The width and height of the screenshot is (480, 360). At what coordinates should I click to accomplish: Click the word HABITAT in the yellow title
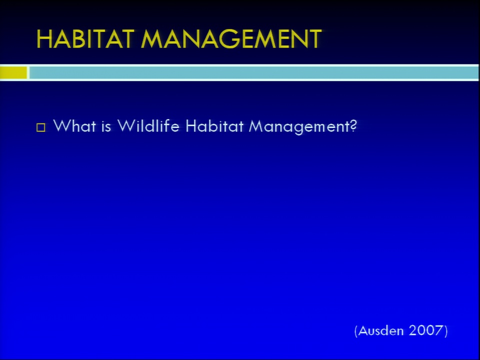click(85, 39)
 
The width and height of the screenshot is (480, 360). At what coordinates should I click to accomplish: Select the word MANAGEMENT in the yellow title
click(231, 39)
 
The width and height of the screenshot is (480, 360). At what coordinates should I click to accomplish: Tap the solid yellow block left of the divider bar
click(13, 73)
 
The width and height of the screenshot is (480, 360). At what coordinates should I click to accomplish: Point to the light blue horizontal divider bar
click(254, 73)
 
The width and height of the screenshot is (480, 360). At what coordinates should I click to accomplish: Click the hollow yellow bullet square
click(40, 127)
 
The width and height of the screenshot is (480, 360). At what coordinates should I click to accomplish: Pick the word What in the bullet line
click(74, 126)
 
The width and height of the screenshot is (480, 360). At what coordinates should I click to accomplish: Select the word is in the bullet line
click(106, 126)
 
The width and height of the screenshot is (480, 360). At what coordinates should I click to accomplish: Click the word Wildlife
click(148, 126)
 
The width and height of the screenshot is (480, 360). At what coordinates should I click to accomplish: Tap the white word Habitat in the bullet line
click(214, 126)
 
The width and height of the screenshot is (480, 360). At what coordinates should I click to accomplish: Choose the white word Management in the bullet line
click(299, 126)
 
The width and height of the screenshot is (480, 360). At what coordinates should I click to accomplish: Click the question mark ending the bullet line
click(353, 126)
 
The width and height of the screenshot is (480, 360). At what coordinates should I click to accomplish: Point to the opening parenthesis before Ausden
click(356, 331)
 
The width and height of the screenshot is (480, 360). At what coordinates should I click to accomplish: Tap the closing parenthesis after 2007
click(445, 331)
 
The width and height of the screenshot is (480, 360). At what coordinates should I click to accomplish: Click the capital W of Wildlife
click(126, 126)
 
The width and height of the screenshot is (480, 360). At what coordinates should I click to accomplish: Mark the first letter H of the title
click(44, 39)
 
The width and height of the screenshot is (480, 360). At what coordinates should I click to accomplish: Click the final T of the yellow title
click(314, 39)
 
